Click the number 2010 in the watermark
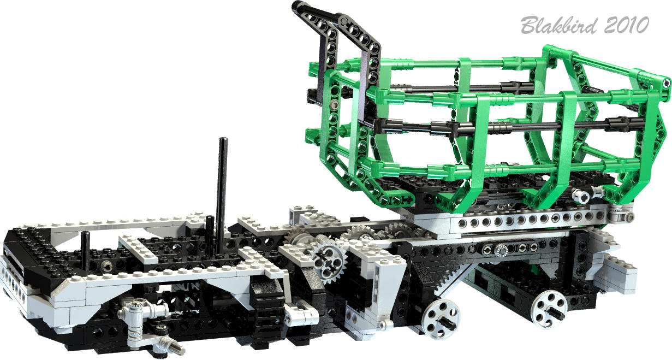(626, 25)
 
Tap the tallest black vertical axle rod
(222, 195)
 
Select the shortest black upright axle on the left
(86, 251)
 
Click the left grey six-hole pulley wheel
(441, 319)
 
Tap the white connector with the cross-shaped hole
(580, 195)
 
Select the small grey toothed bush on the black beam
(501, 251)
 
